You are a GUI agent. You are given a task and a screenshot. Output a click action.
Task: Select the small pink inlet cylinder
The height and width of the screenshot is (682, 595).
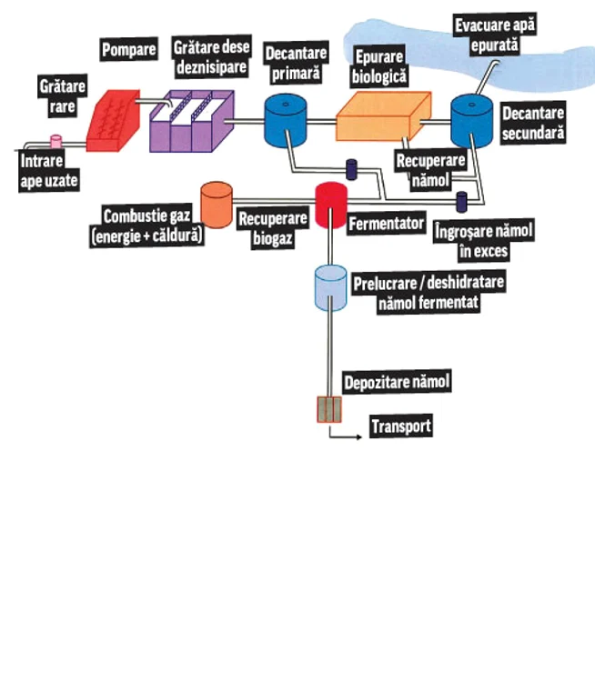coord(55,142)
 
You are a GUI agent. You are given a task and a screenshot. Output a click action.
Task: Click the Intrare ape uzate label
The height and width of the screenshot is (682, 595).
coord(49,172)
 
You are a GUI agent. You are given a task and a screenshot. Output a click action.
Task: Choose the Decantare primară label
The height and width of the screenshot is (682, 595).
coord(296,60)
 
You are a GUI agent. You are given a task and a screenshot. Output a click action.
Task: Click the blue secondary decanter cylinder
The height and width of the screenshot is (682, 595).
coord(473,120)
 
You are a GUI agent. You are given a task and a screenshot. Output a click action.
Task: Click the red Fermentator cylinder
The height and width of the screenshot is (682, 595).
coord(331,206)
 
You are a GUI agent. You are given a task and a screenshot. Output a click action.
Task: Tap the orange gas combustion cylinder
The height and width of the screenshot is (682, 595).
coord(216,205)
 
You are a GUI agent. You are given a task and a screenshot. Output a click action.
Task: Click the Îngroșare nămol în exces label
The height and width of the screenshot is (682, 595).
coord(483,239)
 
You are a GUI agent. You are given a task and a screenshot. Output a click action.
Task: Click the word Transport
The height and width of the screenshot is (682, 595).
coord(399,426)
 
